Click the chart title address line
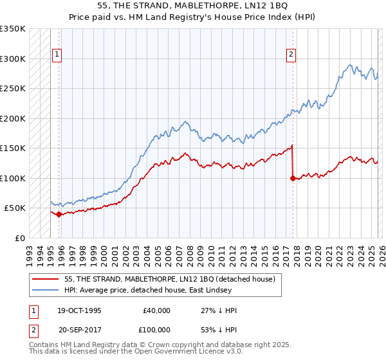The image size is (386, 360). pyautogui.click(x=192, y=6)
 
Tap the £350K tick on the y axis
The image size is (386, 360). pyautogui.click(x=13, y=29)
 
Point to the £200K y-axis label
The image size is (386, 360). pyautogui.click(x=13, y=118)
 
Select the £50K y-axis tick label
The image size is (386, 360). pyautogui.click(x=15, y=208)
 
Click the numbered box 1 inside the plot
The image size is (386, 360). pyautogui.click(x=57, y=55)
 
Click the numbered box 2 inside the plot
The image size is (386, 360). pyautogui.click(x=291, y=55)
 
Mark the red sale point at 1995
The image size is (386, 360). pyautogui.click(x=59, y=214)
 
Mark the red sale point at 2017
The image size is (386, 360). pyautogui.click(x=293, y=179)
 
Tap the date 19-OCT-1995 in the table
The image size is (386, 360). pyautogui.click(x=79, y=310)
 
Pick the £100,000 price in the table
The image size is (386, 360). pyautogui.click(x=156, y=329)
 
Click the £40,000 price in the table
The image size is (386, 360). pyautogui.click(x=156, y=310)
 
